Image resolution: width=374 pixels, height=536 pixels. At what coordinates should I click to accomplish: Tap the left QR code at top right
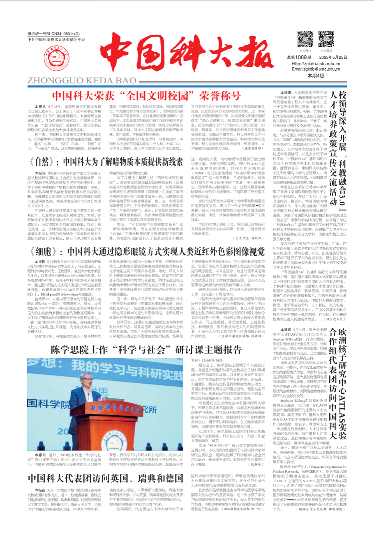coord(305,39)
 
